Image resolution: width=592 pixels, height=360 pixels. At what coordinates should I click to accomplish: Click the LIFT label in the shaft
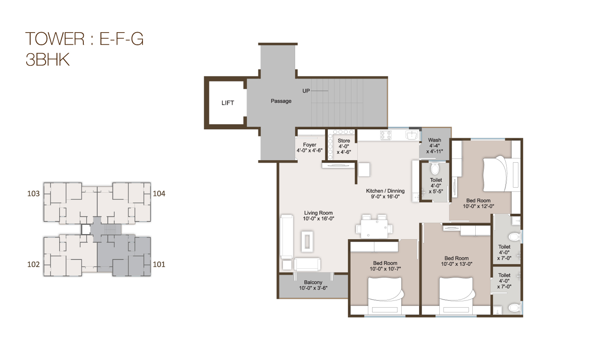227,103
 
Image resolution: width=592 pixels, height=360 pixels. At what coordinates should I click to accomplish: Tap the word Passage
281,101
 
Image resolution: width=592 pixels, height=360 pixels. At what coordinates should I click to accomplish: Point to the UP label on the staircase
307,91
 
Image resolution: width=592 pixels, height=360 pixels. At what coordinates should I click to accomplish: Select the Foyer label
310,145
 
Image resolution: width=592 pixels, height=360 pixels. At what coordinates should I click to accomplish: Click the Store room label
344,141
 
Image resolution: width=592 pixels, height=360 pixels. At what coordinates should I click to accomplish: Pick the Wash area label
434,140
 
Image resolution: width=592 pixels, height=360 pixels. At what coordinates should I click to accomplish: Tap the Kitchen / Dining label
385,191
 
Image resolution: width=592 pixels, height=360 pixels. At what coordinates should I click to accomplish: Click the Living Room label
318,213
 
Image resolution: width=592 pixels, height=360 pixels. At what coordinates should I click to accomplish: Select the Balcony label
313,282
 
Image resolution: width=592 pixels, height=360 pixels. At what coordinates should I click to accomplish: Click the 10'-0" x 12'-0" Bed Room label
478,201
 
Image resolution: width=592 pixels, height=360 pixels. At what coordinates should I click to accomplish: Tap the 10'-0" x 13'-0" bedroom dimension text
457,264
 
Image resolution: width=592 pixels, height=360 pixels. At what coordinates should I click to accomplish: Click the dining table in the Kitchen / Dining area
374,229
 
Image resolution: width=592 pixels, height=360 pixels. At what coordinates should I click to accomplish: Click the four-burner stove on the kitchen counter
386,135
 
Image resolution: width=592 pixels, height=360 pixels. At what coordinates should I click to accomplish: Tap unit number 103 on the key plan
33,194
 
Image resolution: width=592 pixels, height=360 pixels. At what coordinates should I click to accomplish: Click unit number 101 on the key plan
159,265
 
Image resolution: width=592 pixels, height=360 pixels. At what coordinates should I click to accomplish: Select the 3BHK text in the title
47,60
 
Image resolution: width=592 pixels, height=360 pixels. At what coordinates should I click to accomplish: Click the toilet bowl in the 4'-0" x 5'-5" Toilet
434,169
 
